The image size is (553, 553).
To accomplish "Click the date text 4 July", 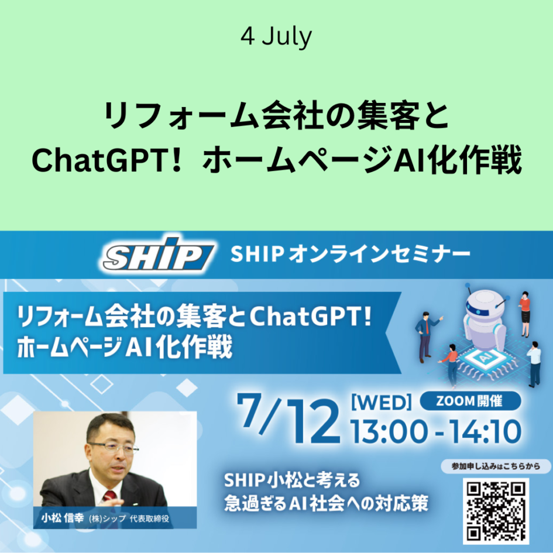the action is click(x=276, y=36).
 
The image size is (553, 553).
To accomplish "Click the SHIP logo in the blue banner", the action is click(x=159, y=253).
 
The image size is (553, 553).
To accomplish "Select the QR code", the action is click(x=496, y=510).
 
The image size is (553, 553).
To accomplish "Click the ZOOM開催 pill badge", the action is click(x=470, y=401).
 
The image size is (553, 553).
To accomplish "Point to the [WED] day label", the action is click(x=382, y=402).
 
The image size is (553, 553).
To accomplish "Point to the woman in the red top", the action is click(x=525, y=314).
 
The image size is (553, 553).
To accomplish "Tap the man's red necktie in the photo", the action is click(x=109, y=496).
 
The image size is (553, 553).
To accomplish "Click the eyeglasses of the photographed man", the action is click(x=113, y=448).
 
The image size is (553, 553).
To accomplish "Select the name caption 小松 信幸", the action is click(x=63, y=518).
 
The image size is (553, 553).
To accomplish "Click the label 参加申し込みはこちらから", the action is click(x=496, y=466).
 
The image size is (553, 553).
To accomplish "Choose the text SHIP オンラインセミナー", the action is click(x=350, y=254).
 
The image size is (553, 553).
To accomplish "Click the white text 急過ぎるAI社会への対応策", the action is click(x=326, y=503).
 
